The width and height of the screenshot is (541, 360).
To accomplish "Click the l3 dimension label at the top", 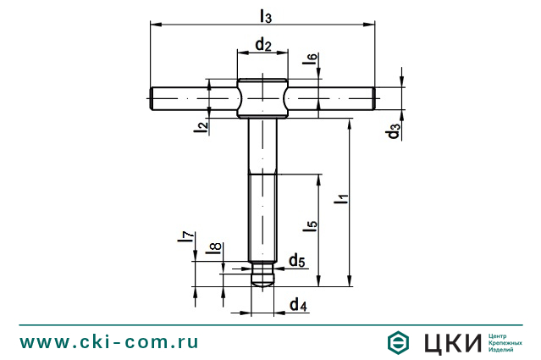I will pyautogui.click(x=265, y=16).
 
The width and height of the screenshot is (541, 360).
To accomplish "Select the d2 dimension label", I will pyautogui.click(x=262, y=45).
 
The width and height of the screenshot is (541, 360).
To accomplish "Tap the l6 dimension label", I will pyautogui.click(x=312, y=60).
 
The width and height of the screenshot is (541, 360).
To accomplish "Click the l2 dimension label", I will pyautogui.click(x=201, y=126).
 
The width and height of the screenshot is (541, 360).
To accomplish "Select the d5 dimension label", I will pyautogui.click(x=296, y=260).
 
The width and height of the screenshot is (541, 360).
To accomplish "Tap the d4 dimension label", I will pyautogui.click(x=297, y=304).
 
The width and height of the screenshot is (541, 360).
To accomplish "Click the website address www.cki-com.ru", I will pyautogui.click(x=109, y=342).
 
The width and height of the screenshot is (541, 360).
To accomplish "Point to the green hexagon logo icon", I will pyautogui.click(x=398, y=342).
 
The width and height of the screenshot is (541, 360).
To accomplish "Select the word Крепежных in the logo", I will pyautogui.click(x=505, y=342).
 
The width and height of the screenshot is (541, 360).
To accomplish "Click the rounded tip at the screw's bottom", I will pyautogui.click(x=263, y=280).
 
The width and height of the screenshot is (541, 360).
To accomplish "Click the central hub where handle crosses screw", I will pyautogui.click(x=262, y=98).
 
